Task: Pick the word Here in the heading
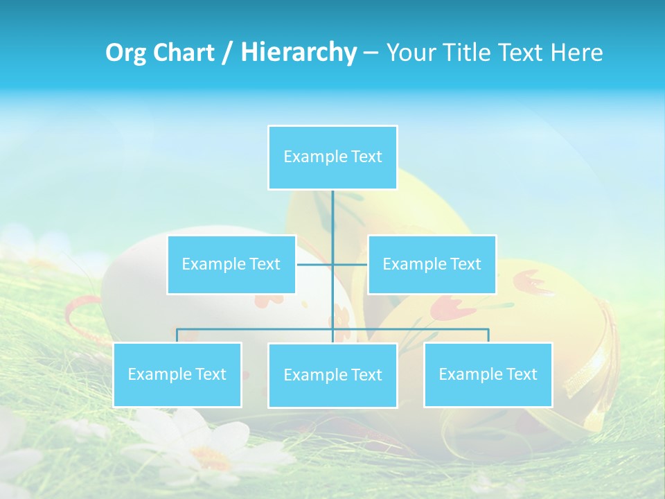click(577, 53)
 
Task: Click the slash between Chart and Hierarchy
click(227, 53)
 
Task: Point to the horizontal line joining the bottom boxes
click(256, 329)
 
